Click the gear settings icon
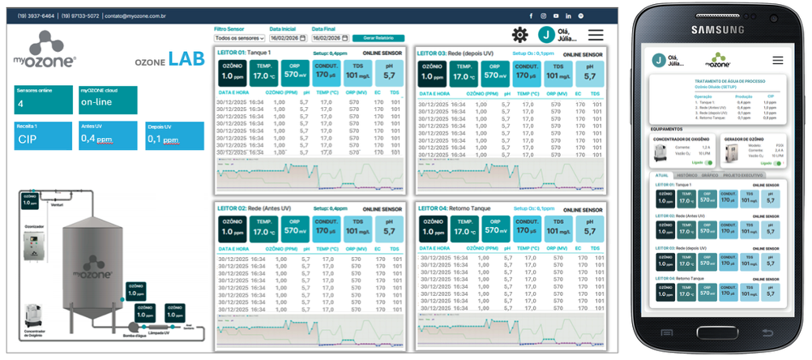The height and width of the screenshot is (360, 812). pyautogui.click(x=519, y=35)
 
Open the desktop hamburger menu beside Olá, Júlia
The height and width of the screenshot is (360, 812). pyautogui.click(x=596, y=35)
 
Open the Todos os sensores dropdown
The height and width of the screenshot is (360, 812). pyautogui.click(x=238, y=38)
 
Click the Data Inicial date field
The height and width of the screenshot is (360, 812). pyautogui.click(x=288, y=38)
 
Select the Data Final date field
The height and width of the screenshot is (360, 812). pyautogui.click(x=330, y=38)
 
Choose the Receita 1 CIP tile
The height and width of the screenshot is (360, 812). pyautogui.click(x=44, y=135)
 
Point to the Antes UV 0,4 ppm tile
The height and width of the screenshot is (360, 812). pyautogui.click(x=109, y=135)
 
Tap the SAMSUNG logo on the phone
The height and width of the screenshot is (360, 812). pyautogui.click(x=717, y=30)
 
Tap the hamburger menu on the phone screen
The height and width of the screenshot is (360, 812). pyautogui.click(x=777, y=60)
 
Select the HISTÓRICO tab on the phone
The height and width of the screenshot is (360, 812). pyautogui.click(x=686, y=175)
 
